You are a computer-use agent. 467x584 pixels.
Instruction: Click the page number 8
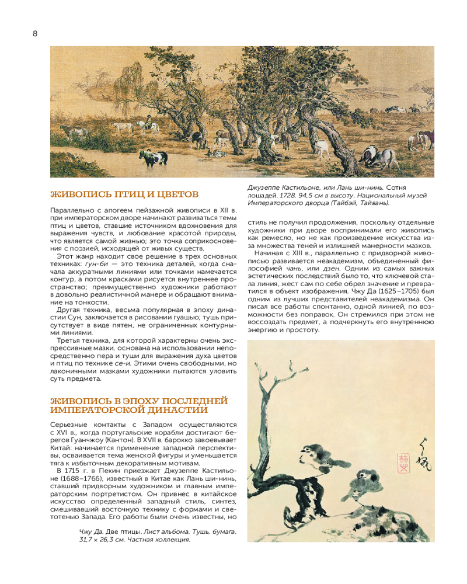(x=35, y=33)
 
